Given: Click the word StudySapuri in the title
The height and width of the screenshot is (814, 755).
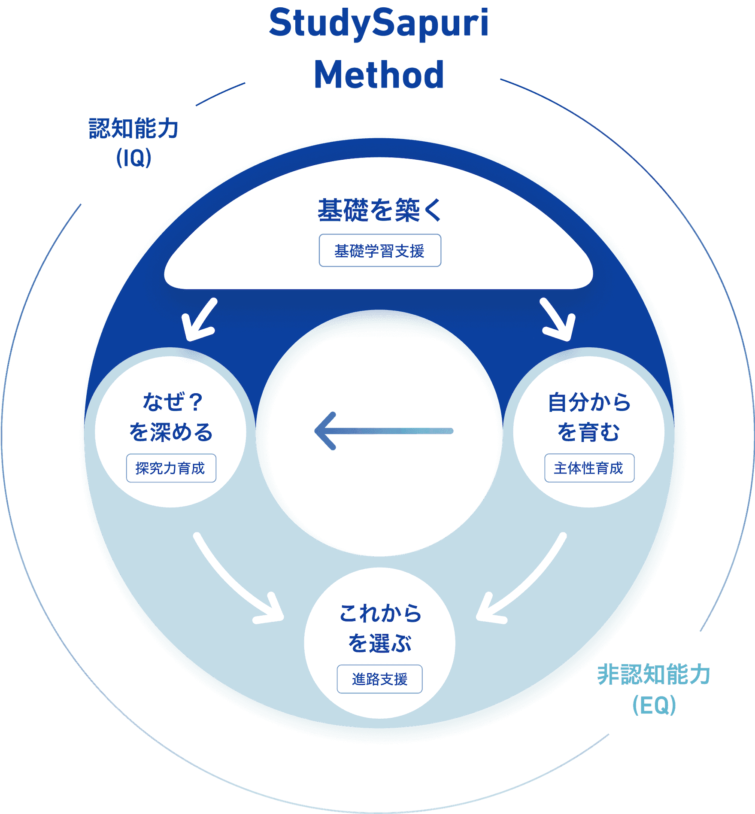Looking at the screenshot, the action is pyautogui.click(x=379, y=24).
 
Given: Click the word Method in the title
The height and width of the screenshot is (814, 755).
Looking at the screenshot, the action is pyautogui.click(x=379, y=75).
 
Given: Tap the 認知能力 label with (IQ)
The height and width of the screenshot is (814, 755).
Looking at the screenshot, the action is pyautogui.click(x=133, y=128).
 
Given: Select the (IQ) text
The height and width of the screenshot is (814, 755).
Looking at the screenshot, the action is pyautogui.click(x=133, y=158).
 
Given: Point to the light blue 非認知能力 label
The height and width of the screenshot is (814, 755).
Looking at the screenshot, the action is pyautogui.click(x=654, y=674).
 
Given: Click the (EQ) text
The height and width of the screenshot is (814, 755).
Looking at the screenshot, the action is pyautogui.click(x=654, y=705).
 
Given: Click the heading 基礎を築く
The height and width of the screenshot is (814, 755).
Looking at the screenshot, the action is pyautogui.click(x=379, y=210).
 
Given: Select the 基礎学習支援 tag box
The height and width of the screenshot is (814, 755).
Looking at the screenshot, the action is pyautogui.click(x=380, y=250).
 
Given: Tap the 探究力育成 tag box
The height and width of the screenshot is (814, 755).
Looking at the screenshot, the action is pyautogui.click(x=171, y=468).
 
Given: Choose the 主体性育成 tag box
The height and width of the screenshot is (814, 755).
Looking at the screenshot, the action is pyautogui.click(x=589, y=468).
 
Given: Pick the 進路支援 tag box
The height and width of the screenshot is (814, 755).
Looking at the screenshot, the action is pyautogui.click(x=379, y=679).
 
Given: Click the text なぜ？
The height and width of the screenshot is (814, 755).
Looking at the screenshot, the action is pyautogui.click(x=172, y=402).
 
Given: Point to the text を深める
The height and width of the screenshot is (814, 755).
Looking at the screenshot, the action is pyautogui.click(x=171, y=432).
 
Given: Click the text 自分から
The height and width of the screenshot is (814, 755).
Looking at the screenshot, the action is pyautogui.click(x=589, y=402).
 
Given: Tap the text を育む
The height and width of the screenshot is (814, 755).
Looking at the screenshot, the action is pyautogui.click(x=589, y=432).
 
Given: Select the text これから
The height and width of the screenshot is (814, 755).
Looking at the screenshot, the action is pyautogui.click(x=380, y=613).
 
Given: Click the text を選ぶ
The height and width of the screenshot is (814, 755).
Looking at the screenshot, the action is pyautogui.click(x=379, y=643).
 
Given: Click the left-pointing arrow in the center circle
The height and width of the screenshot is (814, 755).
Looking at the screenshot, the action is pyautogui.click(x=384, y=431).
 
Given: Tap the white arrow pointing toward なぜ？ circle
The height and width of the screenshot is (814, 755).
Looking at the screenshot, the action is pyautogui.click(x=199, y=320).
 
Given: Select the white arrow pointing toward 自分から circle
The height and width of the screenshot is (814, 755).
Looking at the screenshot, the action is pyautogui.click(x=558, y=320).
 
